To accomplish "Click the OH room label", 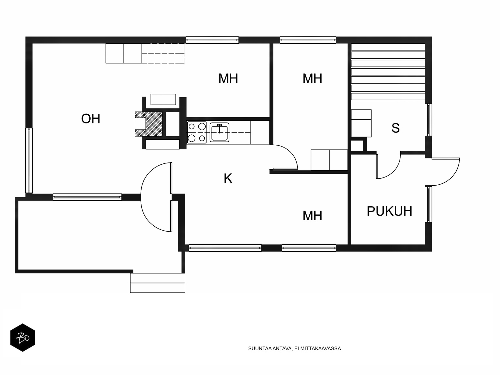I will [91, 119].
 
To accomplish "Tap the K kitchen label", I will [228, 178].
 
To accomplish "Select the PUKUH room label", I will [389, 211].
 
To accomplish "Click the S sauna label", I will [395, 128].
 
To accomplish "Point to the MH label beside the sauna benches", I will [312, 78].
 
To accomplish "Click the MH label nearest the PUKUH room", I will [312, 216].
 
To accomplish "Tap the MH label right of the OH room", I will [228, 78].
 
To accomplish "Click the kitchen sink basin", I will [219, 132].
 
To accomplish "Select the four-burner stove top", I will [197, 132].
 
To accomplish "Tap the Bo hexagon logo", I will [22, 338].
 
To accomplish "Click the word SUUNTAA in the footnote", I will [260, 348].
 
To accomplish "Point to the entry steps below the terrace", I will [157, 283].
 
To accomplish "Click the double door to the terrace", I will [156, 197].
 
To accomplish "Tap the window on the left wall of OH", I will [29, 160].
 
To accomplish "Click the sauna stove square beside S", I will [361, 123].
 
